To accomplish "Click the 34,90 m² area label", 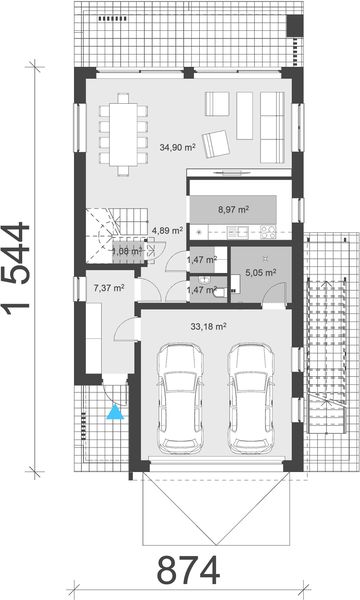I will click(177, 146).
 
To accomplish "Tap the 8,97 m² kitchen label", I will click(234, 210).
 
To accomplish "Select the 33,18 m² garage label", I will click(208, 325).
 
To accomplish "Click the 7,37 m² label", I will click(108, 288).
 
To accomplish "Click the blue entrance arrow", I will click(118, 409).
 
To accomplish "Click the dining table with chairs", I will click(124, 133).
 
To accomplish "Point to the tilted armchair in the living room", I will click(215, 144).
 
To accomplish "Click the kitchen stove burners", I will click(267, 233).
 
